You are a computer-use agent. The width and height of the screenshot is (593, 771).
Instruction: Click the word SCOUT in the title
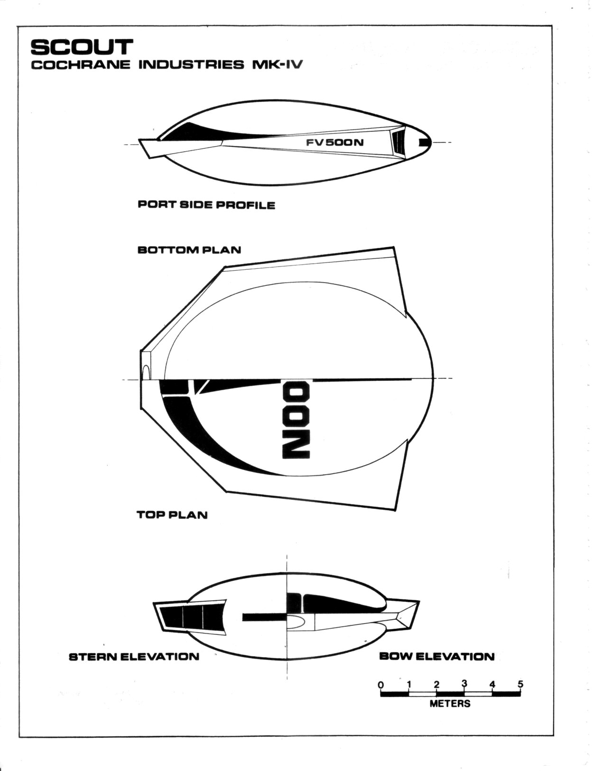click(x=82, y=47)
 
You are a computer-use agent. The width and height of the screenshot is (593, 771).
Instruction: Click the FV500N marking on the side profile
click(x=334, y=143)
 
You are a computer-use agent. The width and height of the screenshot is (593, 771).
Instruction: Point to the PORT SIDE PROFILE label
click(x=206, y=205)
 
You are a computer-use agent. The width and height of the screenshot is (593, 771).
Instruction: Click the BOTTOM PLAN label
click(x=189, y=250)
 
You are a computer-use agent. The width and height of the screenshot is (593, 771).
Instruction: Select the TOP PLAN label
click(x=172, y=515)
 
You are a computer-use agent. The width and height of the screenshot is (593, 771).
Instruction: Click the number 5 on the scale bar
click(x=520, y=684)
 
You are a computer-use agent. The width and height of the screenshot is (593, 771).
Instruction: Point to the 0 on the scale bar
click(x=381, y=684)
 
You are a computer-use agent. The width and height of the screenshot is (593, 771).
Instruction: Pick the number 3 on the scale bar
click(x=464, y=683)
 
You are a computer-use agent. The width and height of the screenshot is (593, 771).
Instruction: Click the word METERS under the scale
click(x=450, y=704)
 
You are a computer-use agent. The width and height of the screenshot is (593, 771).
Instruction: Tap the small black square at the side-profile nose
click(x=423, y=142)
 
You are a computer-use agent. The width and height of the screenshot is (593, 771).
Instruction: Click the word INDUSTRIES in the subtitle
click(x=191, y=65)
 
